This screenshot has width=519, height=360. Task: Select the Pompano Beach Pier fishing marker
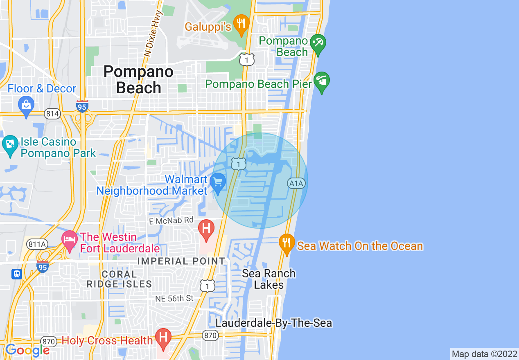pyautogui.click(x=322, y=81)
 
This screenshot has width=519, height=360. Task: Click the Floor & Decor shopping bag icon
pyautogui.click(x=26, y=106)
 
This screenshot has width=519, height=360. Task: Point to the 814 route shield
pyautogui.click(x=52, y=114)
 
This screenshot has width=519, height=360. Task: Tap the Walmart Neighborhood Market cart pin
pyautogui.click(x=218, y=182)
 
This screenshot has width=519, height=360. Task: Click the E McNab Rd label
pyautogui.click(x=171, y=220)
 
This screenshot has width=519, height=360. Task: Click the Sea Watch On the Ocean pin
pyautogui.click(x=287, y=243)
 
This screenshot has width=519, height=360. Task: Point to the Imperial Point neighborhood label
pyautogui.click(x=181, y=261)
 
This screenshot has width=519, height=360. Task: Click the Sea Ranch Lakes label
pyautogui.click(x=269, y=279)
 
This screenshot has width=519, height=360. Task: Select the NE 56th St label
pyautogui.click(x=174, y=299)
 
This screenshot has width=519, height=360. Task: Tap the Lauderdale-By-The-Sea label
pyautogui.click(x=274, y=323)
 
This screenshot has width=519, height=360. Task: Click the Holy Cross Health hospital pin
pyautogui.click(x=164, y=338)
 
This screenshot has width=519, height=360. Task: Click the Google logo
pyautogui.click(x=27, y=351)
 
